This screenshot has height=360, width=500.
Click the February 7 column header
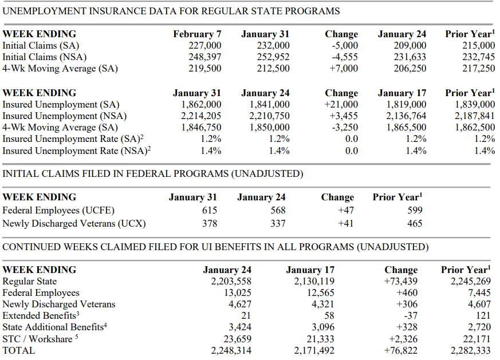[197, 34]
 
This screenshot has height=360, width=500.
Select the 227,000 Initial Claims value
[204, 46]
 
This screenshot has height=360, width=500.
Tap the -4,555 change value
[345, 57]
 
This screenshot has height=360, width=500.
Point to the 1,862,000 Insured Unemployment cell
[201, 105]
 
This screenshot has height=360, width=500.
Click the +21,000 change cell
[341, 105]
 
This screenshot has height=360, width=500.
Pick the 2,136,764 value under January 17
[406, 116]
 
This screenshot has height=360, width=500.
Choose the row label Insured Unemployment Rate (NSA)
[77, 151]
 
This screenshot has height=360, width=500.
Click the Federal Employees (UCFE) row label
[58, 211]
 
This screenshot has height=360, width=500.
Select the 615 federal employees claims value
[210, 211]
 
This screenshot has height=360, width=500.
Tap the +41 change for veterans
[346, 224]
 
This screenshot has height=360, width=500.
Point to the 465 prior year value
[415, 224]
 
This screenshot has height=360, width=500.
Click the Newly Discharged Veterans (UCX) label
[74, 224]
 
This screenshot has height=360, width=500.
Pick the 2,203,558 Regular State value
[231, 282]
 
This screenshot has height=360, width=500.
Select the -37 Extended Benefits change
[411, 316]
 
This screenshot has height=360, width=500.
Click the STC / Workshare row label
[40, 339]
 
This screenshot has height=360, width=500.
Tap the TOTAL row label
[18, 350]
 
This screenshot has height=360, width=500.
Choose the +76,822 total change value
[401, 351]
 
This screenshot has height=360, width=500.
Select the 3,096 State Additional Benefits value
[322, 327]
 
